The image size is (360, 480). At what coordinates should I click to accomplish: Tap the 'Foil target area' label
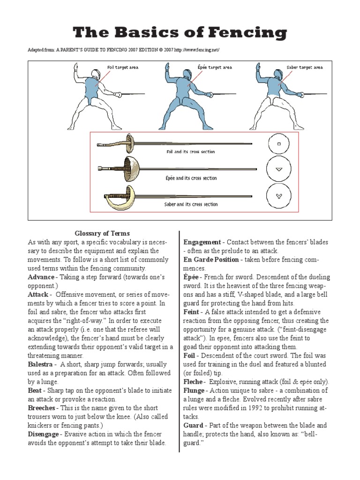[x=123, y=67]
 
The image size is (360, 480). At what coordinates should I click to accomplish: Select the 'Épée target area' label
[x=215, y=67]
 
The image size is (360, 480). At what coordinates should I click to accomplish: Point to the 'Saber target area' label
[x=305, y=67]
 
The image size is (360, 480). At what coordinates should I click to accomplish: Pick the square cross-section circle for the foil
[x=279, y=144]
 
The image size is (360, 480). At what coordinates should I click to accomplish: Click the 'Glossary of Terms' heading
[x=102, y=233]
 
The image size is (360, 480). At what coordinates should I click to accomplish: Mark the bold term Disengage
[x=44, y=434]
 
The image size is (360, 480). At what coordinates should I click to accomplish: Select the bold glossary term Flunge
[x=194, y=390]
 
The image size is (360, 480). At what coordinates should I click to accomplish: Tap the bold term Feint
[x=192, y=312]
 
